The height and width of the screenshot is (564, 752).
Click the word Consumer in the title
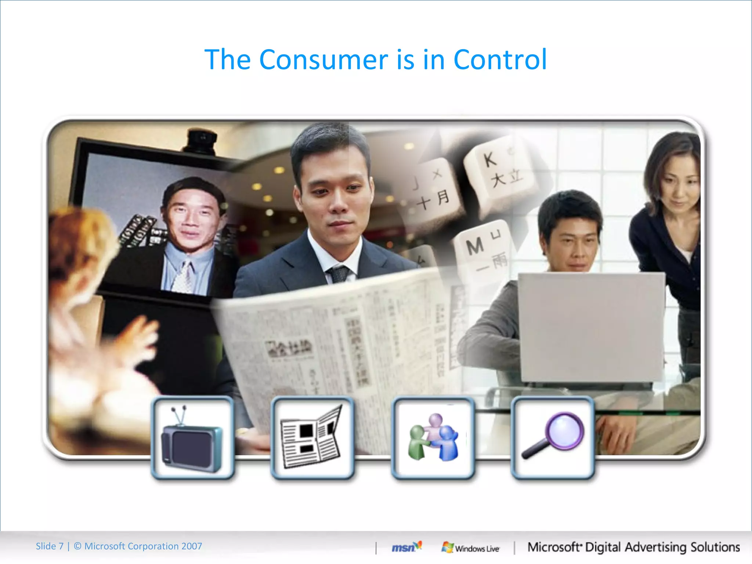click(323, 59)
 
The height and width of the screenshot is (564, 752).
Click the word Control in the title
click(500, 59)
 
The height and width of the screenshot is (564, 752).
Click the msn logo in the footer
click(406, 547)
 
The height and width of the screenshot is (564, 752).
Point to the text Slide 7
click(50, 546)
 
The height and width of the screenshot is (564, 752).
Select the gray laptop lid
click(591, 327)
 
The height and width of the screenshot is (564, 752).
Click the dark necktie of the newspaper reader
click(339, 274)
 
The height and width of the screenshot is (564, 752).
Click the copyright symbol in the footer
click(77, 546)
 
